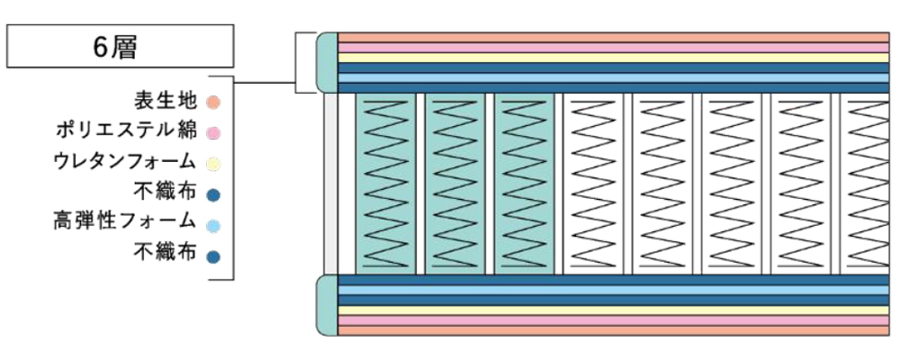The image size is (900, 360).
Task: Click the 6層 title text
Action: (x=115, y=48)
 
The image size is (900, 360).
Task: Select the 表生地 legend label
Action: (x=166, y=101)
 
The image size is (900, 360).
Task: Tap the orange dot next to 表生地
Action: (x=212, y=103)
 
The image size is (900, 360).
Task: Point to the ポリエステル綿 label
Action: (x=126, y=131)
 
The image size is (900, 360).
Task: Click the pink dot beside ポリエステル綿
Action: (x=212, y=132)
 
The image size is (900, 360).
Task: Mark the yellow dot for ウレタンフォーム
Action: (x=212, y=164)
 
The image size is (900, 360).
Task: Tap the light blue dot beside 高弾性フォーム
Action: (x=212, y=224)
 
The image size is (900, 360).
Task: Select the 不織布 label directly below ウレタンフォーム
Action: (x=166, y=193)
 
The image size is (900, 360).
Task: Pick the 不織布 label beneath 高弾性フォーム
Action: (x=166, y=251)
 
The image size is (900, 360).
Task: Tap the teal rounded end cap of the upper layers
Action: (x=328, y=63)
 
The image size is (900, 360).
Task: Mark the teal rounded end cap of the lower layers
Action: (x=328, y=305)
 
